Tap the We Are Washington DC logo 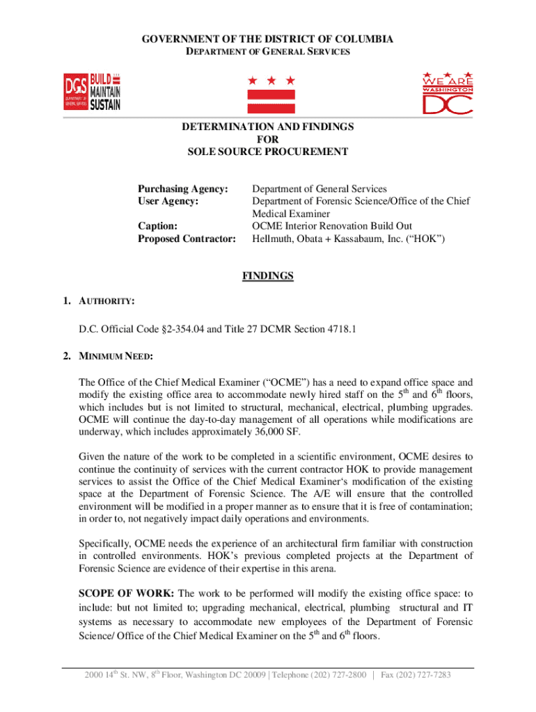[x=448, y=92]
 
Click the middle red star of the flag [x=268, y=81]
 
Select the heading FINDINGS [x=268, y=276]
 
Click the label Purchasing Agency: [x=183, y=189]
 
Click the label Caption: [x=157, y=226]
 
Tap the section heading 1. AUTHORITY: [x=97, y=301]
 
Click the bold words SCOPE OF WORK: [x=127, y=593]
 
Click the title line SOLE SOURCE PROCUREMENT [x=268, y=152]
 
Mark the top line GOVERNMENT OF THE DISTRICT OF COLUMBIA [x=268, y=39]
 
